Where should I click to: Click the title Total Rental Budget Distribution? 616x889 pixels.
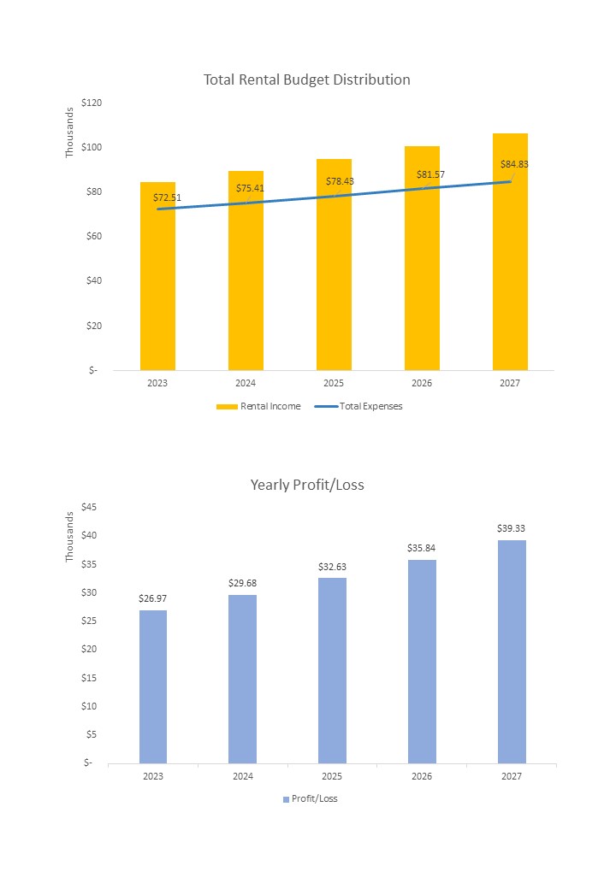[x=306, y=79]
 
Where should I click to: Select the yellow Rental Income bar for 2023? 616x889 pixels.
[x=157, y=282]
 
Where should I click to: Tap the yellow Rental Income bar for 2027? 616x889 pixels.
[x=510, y=256]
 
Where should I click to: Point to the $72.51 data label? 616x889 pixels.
[x=167, y=197]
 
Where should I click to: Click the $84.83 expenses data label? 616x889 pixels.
[x=514, y=164]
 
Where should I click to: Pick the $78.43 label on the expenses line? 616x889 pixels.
[x=340, y=181]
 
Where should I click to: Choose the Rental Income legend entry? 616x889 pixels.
[x=259, y=406]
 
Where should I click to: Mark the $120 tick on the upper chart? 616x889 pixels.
[x=91, y=103]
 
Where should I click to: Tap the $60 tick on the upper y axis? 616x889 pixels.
[x=92, y=236]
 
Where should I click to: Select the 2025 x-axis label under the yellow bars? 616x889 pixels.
[x=334, y=383]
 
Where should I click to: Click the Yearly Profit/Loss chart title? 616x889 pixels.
[x=306, y=485]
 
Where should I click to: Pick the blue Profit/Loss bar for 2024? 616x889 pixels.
[x=242, y=679]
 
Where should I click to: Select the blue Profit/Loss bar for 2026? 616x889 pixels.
[x=422, y=662]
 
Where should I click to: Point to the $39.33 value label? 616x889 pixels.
[x=511, y=528]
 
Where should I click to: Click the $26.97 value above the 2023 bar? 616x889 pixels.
[x=152, y=598]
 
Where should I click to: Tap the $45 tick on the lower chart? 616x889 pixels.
[x=90, y=507]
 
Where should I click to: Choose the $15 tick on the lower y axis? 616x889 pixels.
[x=90, y=678]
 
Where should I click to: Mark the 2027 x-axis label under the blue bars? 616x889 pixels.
[x=511, y=776]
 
